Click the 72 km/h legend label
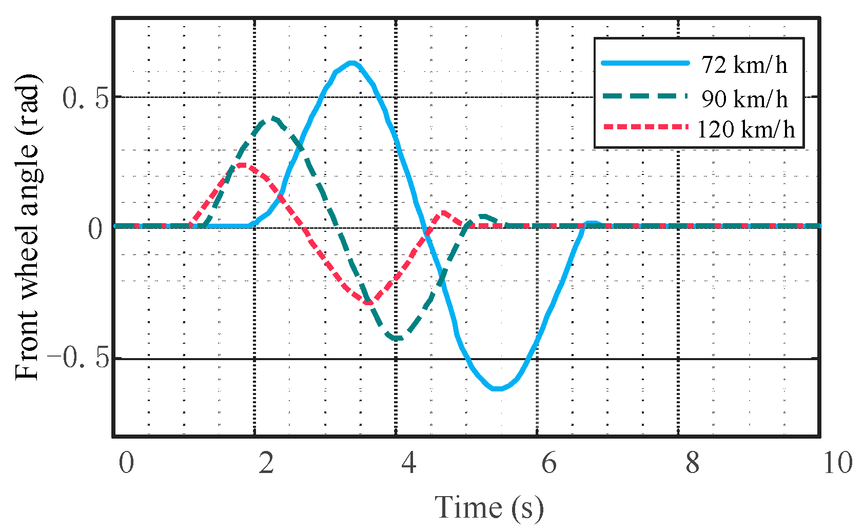coord(744,65)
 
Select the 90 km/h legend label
coord(744,98)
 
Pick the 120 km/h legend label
coord(746,129)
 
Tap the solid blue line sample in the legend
coord(645,63)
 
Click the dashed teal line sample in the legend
coord(645,95)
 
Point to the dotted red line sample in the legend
coord(645,126)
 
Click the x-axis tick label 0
coord(126,463)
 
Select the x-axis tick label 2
coord(266,463)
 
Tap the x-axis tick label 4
coord(408,463)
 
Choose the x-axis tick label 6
coord(549,463)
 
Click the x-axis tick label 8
coord(692,463)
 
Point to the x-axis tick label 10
coord(838,463)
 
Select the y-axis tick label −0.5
coord(78,358)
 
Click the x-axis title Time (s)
coord(489,508)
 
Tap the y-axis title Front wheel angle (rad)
coord(27,227)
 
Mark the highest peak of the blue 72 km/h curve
coord(351,63)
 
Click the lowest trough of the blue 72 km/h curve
coord(497,389)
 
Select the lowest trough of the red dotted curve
coord(368,303)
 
